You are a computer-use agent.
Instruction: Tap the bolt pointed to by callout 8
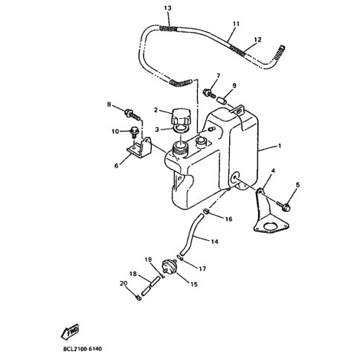coord(132,114)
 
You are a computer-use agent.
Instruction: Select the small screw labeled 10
coord(134,132)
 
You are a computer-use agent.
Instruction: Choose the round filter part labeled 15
coord(170,266)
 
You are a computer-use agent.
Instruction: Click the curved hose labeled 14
coord(191,234)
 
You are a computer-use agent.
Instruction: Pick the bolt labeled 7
coord(209,93)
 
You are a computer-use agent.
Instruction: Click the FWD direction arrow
coord(70,331)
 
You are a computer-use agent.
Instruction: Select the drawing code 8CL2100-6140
coord(83,349)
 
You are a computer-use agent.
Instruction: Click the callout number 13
coord(167,8)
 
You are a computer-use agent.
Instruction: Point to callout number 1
coord(280,146)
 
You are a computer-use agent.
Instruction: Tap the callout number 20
coord(123,283)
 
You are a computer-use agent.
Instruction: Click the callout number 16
coord(228,219)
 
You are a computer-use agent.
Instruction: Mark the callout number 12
coord(257,39)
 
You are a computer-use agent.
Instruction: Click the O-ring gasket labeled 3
coord(181,129)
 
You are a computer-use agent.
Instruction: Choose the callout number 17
coord(202,269)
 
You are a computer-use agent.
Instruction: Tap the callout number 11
coord(236,24)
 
